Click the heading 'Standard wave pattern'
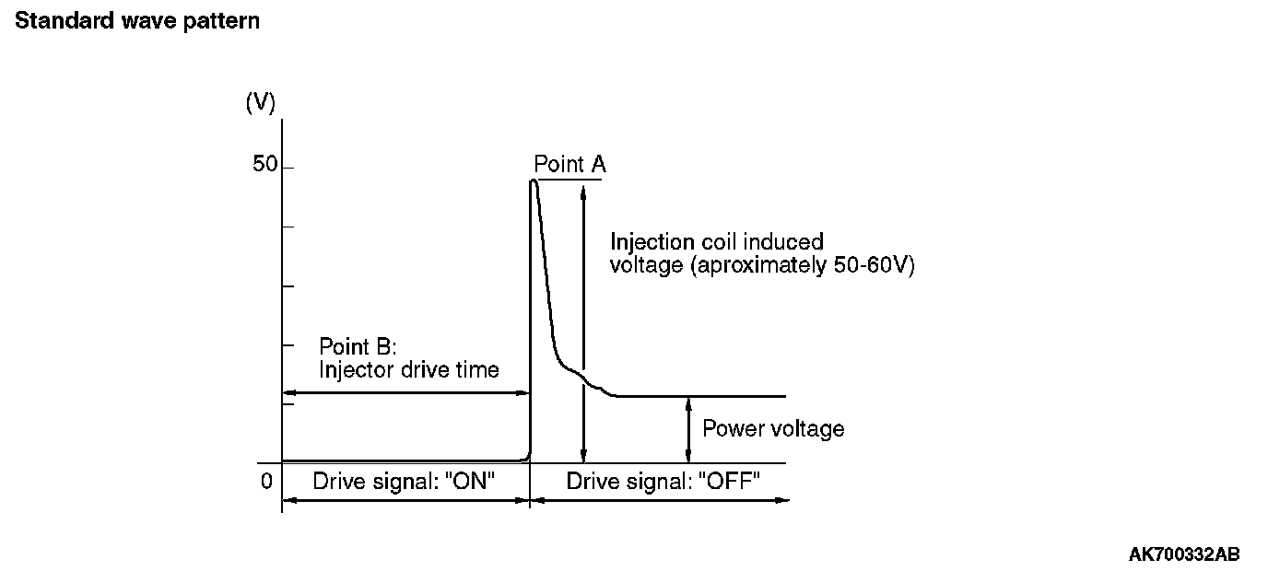coord(137,21)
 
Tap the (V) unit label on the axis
coord(260,103)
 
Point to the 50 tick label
coord(264,166)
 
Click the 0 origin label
coord(266,481)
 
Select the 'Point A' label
coord(569,165)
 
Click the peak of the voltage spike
coord(534,181)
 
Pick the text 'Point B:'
coord(358,347)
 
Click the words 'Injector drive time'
coord(409,370)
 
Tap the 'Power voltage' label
coord(773,428)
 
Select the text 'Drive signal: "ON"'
coord(405,481)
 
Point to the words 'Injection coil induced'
coord(717,242)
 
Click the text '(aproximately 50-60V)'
coord(762,265)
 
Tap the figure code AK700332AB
coord(1184,554)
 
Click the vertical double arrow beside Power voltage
coord(688,428)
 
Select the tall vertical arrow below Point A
coord(582,322)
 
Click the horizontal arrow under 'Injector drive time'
coord(405,393)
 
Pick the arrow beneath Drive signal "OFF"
coord(660,500)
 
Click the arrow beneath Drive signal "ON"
coord(405,500)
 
